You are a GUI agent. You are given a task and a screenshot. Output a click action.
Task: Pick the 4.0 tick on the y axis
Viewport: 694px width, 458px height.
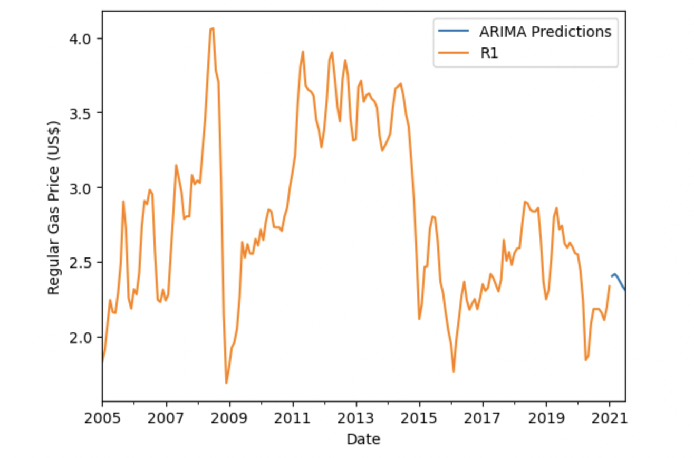81,39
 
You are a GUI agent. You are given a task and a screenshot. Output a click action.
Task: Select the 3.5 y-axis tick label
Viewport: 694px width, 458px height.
81,113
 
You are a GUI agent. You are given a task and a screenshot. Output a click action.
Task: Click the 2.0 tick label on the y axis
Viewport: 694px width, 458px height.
81,337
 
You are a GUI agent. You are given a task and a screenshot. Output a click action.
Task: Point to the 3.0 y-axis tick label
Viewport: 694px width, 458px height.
81,188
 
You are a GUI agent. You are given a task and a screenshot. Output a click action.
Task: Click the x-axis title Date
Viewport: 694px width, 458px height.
363,439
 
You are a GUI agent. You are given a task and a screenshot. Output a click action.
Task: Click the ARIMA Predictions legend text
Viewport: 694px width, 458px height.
545,32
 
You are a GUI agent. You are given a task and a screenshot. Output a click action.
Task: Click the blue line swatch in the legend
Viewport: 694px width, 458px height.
454,32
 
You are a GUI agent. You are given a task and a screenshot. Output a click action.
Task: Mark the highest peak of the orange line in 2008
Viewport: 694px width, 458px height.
211,28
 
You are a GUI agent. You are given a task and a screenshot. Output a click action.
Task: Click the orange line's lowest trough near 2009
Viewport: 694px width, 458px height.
226,383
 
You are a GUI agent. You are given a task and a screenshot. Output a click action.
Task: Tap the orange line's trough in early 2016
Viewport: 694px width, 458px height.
454,371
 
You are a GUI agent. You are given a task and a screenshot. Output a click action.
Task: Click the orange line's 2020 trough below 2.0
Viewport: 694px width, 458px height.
585,360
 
